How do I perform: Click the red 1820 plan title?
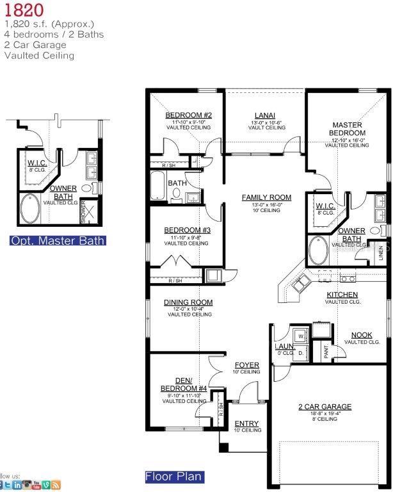pos(23,10)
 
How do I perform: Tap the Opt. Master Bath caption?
pos(58,241)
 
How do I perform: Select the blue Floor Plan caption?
pos(174,477)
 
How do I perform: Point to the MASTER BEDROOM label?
pos(347,129)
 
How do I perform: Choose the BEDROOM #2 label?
pos(188,115)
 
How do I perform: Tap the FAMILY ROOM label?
pos(266,197)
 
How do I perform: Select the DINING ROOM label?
pos(188,302)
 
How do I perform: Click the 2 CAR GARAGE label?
pos(325,406)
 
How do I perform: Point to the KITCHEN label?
pos(342,295)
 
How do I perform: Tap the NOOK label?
pos(362,335)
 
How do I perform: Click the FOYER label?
pos(246,365)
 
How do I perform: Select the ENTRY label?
pos(246,423)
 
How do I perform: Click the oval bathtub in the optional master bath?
pos(29,209)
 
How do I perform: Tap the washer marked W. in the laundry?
pos(300,335)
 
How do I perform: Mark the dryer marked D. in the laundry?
pos(300,352)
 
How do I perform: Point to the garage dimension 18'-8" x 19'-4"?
pos(325,414)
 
